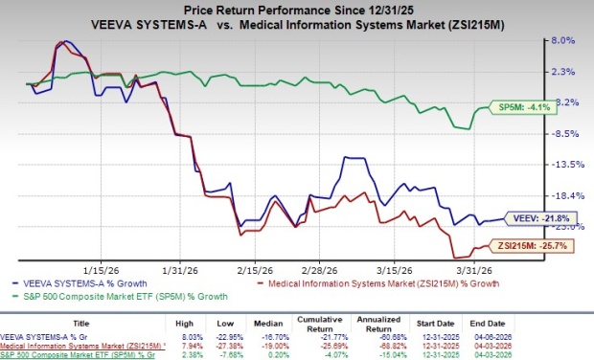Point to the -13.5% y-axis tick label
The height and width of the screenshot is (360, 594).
(x=562, y=165)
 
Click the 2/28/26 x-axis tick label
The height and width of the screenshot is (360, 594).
(x=320, y=270)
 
